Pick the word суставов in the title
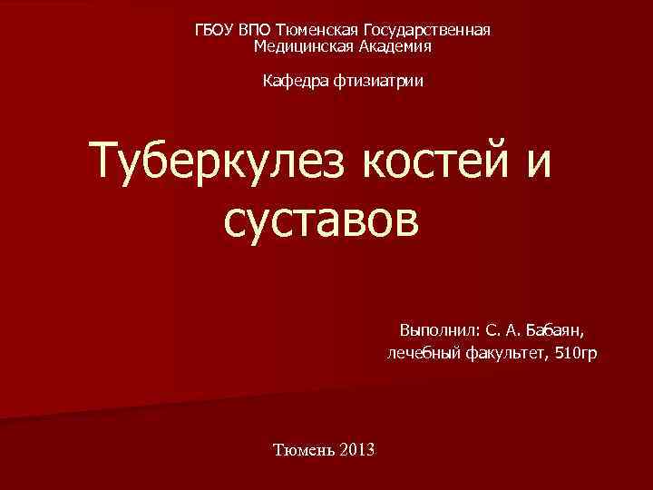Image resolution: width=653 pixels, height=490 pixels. coord(320,218)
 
